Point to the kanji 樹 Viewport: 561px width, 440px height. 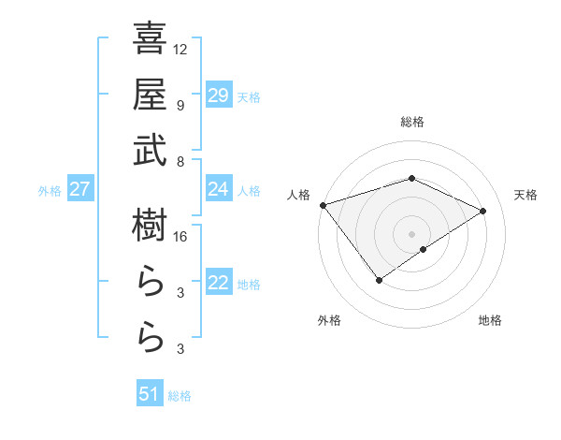150,227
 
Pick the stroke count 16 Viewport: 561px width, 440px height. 180,237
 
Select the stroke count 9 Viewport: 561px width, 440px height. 180,105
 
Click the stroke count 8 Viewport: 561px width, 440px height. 180,161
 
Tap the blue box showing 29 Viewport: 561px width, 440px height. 219,95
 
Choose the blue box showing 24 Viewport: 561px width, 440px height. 219,189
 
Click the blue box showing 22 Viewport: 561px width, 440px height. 219,283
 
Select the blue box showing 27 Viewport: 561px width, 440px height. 80,189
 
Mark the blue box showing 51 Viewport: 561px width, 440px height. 150,394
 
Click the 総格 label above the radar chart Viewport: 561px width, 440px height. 412,122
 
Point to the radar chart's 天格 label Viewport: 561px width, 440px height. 526,195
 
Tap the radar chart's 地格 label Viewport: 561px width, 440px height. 490,320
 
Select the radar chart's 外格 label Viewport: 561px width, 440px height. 329,320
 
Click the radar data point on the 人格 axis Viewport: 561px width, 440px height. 323,205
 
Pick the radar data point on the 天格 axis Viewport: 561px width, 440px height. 483,211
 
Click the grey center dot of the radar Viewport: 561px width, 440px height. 412,233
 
